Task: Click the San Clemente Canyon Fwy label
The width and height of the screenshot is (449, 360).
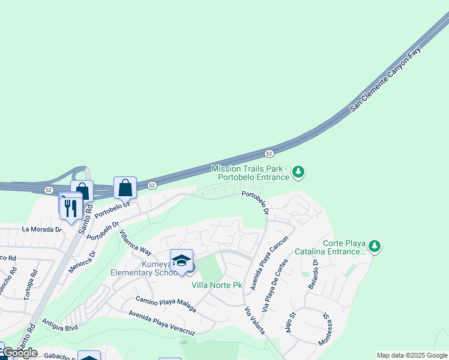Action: click(386, 79)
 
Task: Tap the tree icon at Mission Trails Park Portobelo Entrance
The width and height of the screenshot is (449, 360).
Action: click(298, 173)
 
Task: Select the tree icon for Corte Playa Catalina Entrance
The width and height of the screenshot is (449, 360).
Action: click(375, 246)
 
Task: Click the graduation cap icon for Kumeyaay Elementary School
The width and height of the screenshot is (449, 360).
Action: click(181, 260)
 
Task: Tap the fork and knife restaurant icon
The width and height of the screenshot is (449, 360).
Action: click(71, 207)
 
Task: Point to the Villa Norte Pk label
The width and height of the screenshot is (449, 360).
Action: click(216, 285)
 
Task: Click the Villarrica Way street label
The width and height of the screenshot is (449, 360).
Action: click(134, 242)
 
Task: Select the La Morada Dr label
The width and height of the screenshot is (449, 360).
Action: click(42, 229)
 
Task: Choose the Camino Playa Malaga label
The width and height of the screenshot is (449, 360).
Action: click(166, 304)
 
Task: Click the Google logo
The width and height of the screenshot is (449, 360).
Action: click(20, 353)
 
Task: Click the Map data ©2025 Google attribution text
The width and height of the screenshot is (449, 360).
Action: click(412, 355)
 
